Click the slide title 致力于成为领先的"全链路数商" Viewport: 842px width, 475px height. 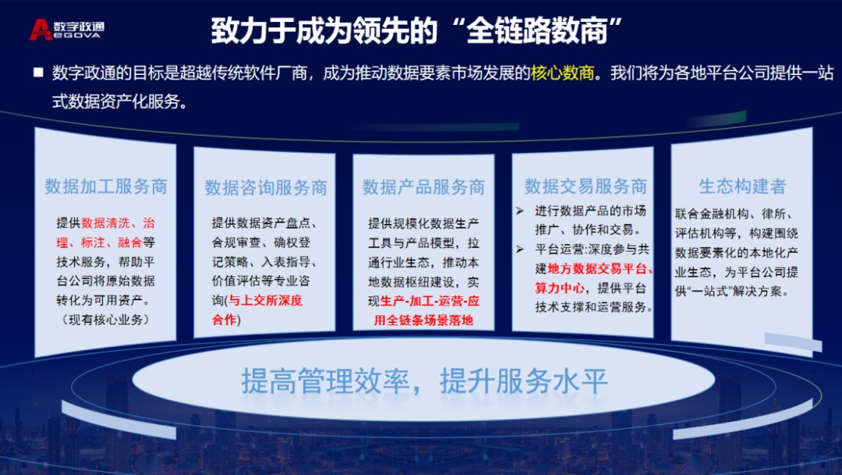click(420, 31)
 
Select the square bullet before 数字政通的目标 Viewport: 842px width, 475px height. click(38, 73)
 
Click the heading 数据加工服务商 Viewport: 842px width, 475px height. click(106, 186)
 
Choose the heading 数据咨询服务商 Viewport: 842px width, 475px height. click(266, 188)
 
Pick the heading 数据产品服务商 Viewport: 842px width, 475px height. click(423, 187)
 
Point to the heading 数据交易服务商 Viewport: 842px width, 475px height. click(586, 186)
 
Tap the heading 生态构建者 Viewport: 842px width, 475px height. click(742, 186)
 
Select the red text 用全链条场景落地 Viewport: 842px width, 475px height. click(423, 320)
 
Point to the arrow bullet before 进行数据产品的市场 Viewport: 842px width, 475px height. click(520, 211)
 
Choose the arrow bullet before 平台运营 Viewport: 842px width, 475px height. click(520, 250)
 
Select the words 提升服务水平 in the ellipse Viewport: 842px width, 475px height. click(523, 383)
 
